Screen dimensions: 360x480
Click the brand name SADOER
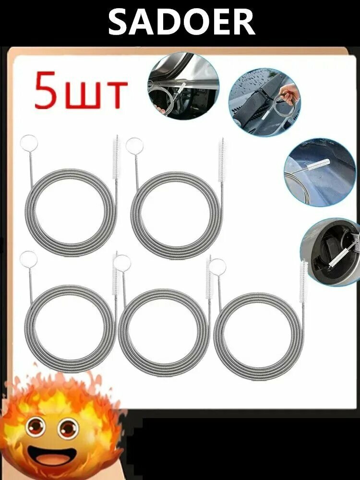181,22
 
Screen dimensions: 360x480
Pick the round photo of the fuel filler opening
331,252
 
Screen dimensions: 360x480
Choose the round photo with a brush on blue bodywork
319,172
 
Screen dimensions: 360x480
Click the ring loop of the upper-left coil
29,143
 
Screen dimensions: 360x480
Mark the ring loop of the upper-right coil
134,146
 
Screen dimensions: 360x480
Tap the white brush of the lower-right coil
303,281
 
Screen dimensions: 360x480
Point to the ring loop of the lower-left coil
28,259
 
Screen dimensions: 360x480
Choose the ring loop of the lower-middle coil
122,263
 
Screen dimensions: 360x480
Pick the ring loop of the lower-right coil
217,266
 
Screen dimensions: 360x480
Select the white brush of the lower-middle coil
209,277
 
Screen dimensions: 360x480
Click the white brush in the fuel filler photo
339,256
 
